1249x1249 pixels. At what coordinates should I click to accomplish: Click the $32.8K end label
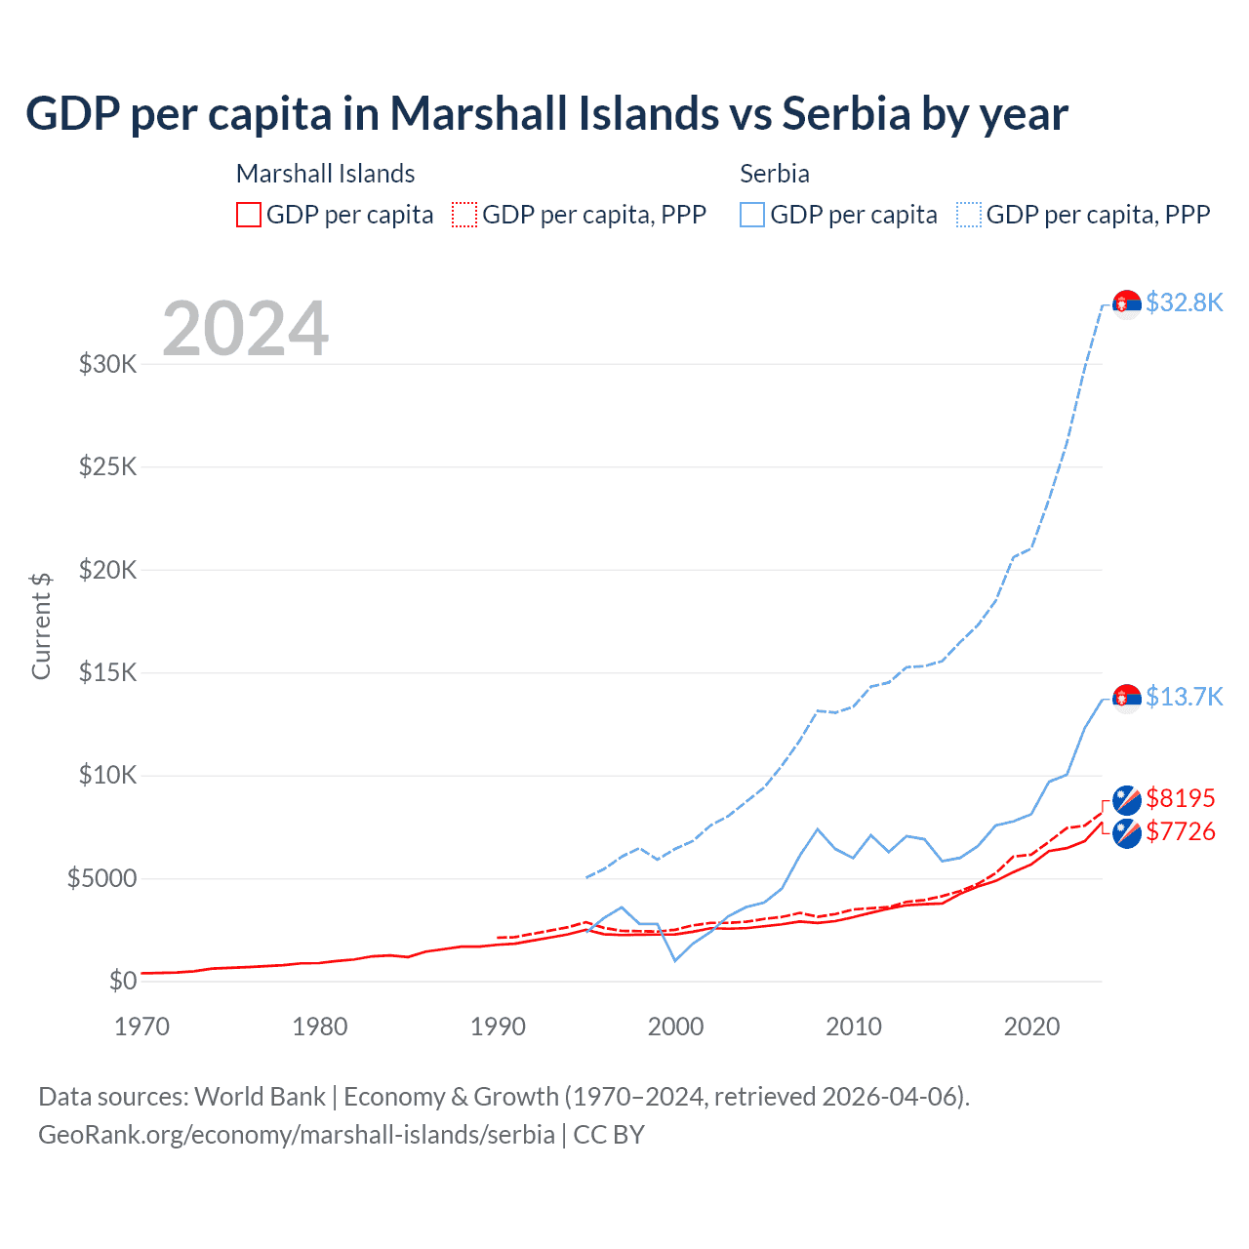coord(1184,302)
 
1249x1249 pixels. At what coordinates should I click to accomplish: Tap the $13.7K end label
coord(1184,697)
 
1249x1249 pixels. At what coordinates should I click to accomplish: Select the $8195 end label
coord(1181,798)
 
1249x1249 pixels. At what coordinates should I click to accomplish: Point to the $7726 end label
coord(1181,831)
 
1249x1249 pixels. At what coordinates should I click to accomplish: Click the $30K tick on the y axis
coord(108,365)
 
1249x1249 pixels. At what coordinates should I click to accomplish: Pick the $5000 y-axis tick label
coord(101,879)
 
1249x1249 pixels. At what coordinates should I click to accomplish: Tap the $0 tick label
coord(123,981)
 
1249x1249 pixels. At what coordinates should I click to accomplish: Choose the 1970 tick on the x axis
coord(142,1027)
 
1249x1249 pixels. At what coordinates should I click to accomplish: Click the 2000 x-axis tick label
coord(676,1027)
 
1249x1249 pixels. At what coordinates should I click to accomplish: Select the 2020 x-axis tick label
coord(1031,1027)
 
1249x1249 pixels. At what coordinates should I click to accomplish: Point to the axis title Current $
coord(41,626)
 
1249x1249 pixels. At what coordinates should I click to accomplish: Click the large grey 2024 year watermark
coord(246,329)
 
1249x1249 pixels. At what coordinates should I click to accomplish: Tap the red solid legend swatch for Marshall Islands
coord(249,215)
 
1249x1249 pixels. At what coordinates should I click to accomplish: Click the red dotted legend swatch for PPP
coord(465,215)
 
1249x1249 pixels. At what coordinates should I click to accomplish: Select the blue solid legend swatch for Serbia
coord(752,215)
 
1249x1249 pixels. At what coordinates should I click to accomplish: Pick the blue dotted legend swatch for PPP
coord(969,215)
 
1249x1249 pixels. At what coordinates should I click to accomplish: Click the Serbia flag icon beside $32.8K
coord(1127,304)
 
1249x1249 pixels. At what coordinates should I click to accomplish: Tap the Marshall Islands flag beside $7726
coord(1127,833)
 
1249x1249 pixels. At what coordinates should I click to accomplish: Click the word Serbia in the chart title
coord(846,114)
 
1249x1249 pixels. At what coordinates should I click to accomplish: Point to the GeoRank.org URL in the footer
coord(297,1135)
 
